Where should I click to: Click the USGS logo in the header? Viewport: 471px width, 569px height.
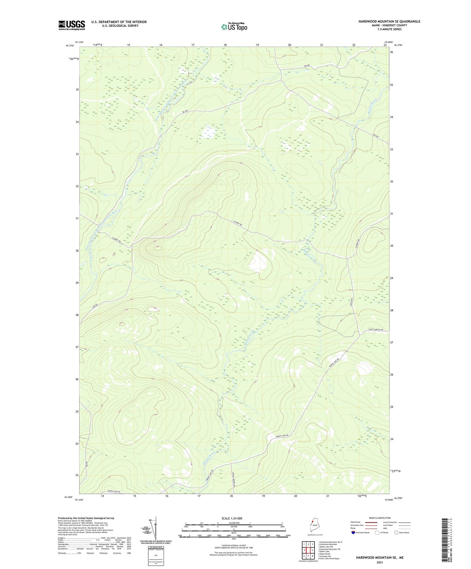[x=72, y=25]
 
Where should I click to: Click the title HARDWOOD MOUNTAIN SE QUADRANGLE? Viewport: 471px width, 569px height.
[x=389, y=22]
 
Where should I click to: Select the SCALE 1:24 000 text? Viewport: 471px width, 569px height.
[x=231, y=518]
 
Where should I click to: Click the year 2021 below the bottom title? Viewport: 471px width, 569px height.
[x=380, y=562]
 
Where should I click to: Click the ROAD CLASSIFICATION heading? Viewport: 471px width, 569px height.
[x=380, y=518]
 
